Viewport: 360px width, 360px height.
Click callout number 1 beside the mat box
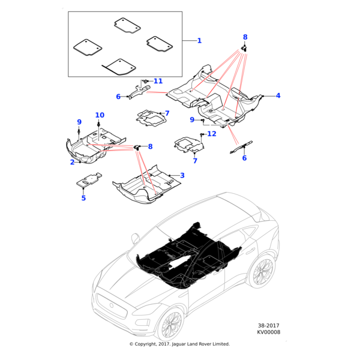(199, 41)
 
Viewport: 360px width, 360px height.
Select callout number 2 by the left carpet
(72, 162)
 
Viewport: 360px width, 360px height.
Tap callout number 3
(182, 175)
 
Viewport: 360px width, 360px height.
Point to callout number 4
(278, 95)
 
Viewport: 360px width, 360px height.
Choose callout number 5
(84, 197)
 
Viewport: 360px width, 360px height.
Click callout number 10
(100, 115)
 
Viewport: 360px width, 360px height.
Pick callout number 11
(158, 81)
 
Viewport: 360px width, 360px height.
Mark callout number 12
(211, 134)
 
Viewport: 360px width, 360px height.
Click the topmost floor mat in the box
(127, 25)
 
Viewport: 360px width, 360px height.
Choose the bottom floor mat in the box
(119, 65)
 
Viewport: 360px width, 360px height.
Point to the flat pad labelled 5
(89, 179)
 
